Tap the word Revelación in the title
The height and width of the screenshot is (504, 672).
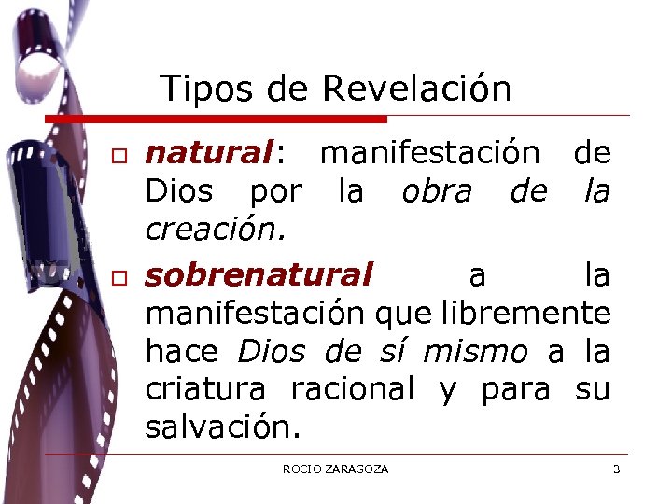(x=416, y=89)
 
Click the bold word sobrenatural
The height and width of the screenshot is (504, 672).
(x=259, y=275)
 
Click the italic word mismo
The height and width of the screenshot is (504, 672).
(x=475, y=351)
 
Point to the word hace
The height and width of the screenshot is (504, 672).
(x=182, y=351)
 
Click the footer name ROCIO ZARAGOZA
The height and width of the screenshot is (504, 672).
(x=335, y=469)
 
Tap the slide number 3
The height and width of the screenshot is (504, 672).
(x=616, y=469)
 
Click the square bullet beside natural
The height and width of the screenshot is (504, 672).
(x=119, y=154)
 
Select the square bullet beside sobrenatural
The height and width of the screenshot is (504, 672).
(x=119, y=277)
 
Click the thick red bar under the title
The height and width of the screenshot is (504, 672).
(x=217, y=119)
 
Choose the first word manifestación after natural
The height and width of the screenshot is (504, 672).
(x=429, y=152)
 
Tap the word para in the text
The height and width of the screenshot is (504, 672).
(x=515, y=388)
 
